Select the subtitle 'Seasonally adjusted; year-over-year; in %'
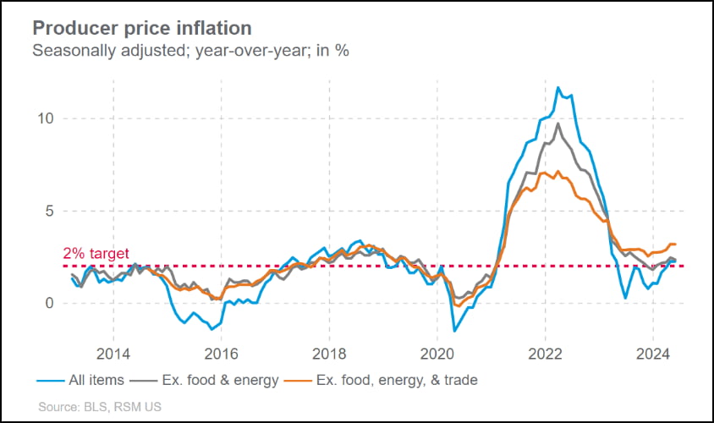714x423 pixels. point(190,50)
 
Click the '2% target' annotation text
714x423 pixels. point(96,252)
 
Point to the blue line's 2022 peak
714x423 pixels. point(558,87)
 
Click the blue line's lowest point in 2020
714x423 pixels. point(454,330)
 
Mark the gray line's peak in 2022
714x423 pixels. point(558,124)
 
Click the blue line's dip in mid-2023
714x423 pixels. point(625,298)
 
